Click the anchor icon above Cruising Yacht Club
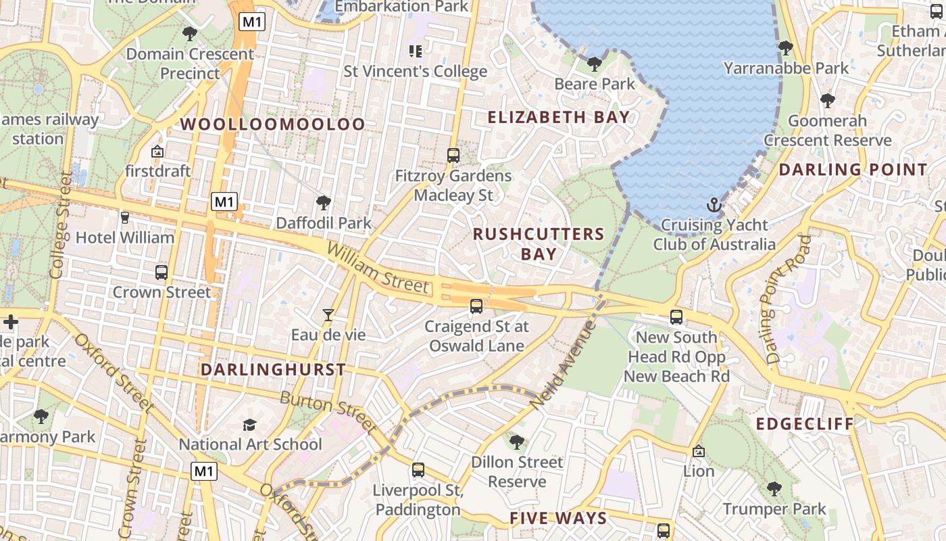[x=714, y=204]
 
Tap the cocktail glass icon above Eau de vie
[x=328, y=314]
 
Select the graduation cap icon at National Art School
[x=250, y=425]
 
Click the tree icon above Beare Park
[x=595, y=64]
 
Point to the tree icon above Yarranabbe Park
[x=786, y=48]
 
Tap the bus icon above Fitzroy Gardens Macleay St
[x=453, y=156]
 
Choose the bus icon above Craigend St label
[x=476, y=306]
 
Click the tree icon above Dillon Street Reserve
[x=517, y=442]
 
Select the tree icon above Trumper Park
[x=774, y=489]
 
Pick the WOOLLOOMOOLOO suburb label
[x=273, y=124]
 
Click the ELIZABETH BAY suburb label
[x=559, y=117]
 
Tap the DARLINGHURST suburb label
[x=273, y=370]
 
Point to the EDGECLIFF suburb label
[x=805, y=424]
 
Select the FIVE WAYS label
[x=558, y=519]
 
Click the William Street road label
[x=378, y=268]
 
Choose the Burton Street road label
[x=328, y=410]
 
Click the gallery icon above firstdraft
[x=157, y=151]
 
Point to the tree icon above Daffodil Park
[x=324, y=202]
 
